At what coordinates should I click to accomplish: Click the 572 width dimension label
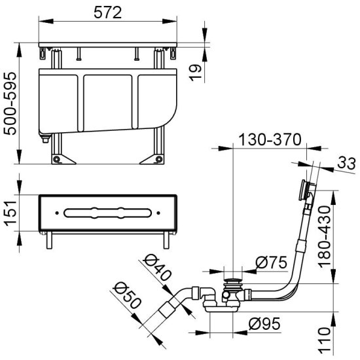point(108,13)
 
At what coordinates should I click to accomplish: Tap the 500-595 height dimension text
point(10,103)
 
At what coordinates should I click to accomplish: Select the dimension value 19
point(195,73)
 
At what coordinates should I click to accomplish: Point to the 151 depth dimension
point(10,213)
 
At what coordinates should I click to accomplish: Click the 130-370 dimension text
point(270,139)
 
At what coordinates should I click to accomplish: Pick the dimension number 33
point(346,164)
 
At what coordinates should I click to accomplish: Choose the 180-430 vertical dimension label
point(324,237)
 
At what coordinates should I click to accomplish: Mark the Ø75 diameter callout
point(271,262)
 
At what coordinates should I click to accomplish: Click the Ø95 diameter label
point(264,324)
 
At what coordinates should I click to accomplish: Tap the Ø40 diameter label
point(157,268)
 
